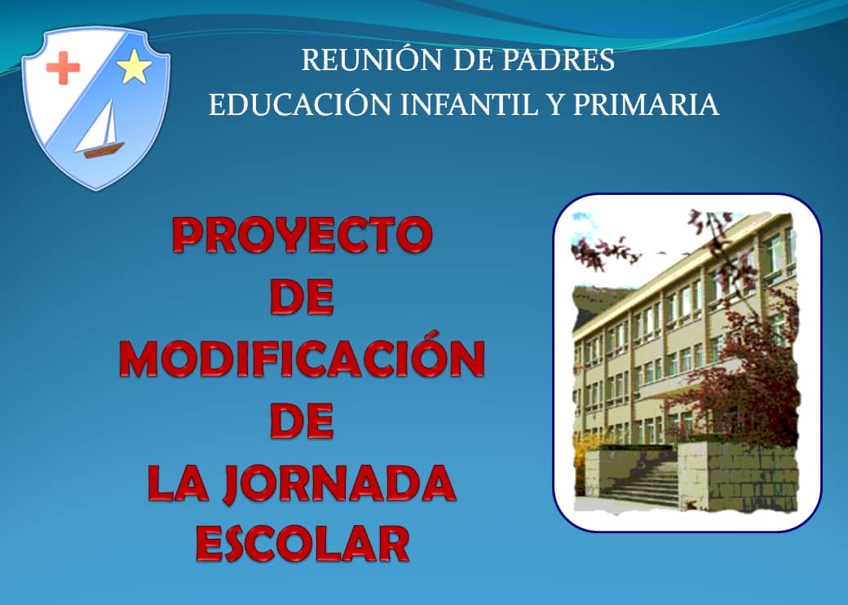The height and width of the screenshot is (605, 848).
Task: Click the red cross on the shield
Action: pos(63,68)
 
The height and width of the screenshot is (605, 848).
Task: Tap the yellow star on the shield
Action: pos(134,67)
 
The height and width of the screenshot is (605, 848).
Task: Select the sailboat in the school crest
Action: pos(100,129)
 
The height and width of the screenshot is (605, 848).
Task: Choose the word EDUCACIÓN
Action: pos(299,104)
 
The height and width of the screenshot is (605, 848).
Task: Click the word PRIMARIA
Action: pos(646,104)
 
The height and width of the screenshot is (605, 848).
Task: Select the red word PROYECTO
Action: pos(303,235)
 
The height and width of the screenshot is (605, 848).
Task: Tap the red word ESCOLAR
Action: pos(303,544)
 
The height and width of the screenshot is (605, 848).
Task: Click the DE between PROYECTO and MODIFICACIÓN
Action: pos(302,297)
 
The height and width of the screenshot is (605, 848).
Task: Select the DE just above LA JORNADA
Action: pos(302,421)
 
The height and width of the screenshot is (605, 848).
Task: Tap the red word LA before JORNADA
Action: pos(178,483)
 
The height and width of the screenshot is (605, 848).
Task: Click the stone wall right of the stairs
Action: pos(738,477)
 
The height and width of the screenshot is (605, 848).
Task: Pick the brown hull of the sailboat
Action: pos(104,150)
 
